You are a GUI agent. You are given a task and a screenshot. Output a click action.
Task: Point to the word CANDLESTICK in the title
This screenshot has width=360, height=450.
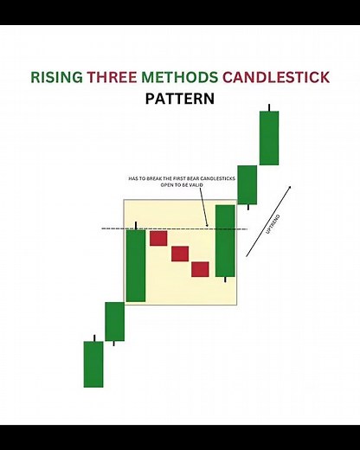276,77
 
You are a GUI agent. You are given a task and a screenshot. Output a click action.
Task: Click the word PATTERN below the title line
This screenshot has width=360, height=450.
180,99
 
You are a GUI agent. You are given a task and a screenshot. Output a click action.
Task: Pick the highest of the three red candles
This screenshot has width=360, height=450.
158,238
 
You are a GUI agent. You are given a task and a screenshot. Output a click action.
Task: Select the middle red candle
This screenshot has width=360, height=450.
180,254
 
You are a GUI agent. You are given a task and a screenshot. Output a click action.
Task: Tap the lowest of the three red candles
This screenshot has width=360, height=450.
201,269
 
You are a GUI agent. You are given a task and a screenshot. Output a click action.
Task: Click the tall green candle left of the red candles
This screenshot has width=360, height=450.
136,265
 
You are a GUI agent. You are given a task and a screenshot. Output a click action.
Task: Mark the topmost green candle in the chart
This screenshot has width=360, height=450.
269,138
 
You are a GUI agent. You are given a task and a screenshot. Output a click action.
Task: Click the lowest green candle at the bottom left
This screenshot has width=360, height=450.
93,363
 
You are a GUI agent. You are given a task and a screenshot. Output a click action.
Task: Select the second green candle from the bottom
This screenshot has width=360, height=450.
115,321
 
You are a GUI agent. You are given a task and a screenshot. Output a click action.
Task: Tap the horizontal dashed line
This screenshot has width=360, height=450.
173,228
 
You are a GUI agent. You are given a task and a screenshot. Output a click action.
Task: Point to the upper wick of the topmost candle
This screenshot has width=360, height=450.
269,108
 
